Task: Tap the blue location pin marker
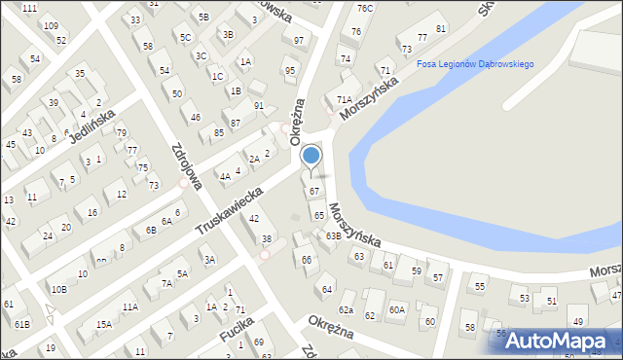pyautogui.click(x=311, y=156)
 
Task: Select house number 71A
pyautogui.click(x=344, y=99)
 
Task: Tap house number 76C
pyautogui.click(x=364, y=9)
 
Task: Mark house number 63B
pyautogui.click(x=333, y=235)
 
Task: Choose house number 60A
pyautogui.click(x=396, y=309)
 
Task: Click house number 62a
pyautogui.click(x=346, y=309)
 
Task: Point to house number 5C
pyautogui.click(x=185, y=37)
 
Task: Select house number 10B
pyautogui.click(x=58, y=289)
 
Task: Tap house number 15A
pyautogui.click(x=103, y=324)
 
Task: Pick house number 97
pyautogui.click(x=299, y=40)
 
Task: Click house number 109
pyautogui.click(x=51, y=25)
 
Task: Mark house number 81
pyautogui.click(x=441, y=28)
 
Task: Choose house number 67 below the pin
pyautogui.click(x=314, y=191)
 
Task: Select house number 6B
pyautogui.click(x=150, y=230)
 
